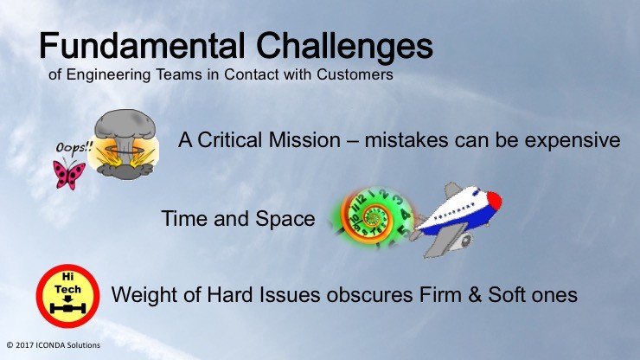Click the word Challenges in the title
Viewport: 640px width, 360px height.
pyautogui.click(x=345, y=48)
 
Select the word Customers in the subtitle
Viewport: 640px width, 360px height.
pyautogui.click(x=355, y=74)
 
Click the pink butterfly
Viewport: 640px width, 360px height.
pyautogui.click(x=69, y=175)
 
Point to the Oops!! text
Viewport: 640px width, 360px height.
pyautogui.click(x=74, y=147)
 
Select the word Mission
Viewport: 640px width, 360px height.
pyautogui.click(x=304, y=140)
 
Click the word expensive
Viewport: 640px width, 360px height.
pyautogui.click(x=573, y=141)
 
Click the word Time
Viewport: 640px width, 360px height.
pyautogui.click(x=185, y=218)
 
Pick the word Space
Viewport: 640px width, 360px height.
pyautogui.click(x=285, y=220)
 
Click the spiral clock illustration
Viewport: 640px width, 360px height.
pyautogui.click(x=374, y=217)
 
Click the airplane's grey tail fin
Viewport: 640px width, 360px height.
pyautogui.click(x=452, y=190)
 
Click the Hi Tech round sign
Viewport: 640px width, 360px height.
pyautogui.click(x=67, y=296)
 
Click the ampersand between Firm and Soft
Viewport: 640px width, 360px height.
pyautogui.click(x=475, y=295)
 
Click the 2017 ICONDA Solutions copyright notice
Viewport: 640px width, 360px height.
pyautogui.click(x=53, y=345)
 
